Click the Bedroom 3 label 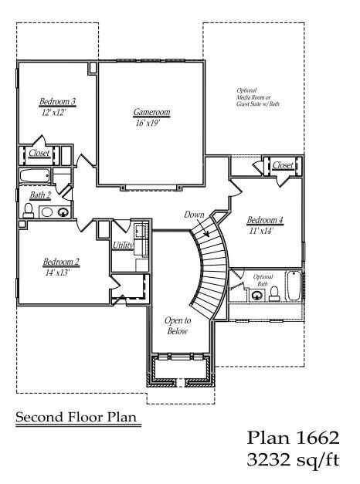point(58,101)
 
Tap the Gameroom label point(151,112)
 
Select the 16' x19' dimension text point(148,124)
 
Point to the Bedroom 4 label point(265,220)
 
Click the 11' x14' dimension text point(262,231)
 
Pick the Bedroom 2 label point(61,262)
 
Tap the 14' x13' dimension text point(57,272)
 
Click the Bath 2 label point(40,195)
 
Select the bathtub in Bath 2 point(35,176)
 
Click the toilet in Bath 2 point(29,211)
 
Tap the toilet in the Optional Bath point(274,294)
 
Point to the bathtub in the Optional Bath point(293,286)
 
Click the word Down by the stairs point(194,215)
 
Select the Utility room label point(123,245)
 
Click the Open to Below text point(178,326)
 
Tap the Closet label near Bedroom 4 point(283,165)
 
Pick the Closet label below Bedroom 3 point(39,153)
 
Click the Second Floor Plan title point(76,418)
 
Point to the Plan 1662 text point(293,438)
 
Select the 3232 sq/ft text point(293,460)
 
